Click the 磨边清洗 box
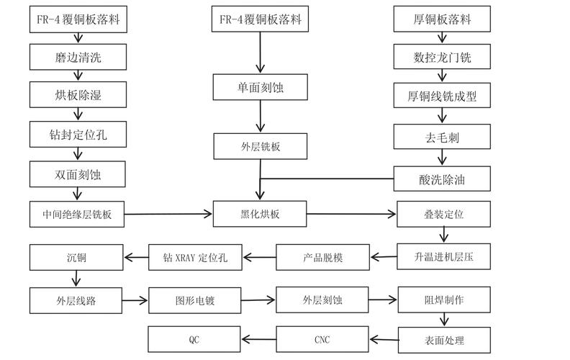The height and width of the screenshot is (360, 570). [x=78, y=57]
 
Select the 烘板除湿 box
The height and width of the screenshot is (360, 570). [x=78, y=95]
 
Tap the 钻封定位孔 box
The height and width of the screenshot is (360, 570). [x=78, y=134]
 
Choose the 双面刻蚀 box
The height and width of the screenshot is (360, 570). [x=78, y=174]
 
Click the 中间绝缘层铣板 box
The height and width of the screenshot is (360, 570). [x=78, y=214]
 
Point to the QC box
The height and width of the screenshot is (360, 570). [x=195, y=339]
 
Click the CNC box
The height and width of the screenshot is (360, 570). [x=322, y=339]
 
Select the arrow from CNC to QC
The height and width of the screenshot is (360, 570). [x=259, y=339]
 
